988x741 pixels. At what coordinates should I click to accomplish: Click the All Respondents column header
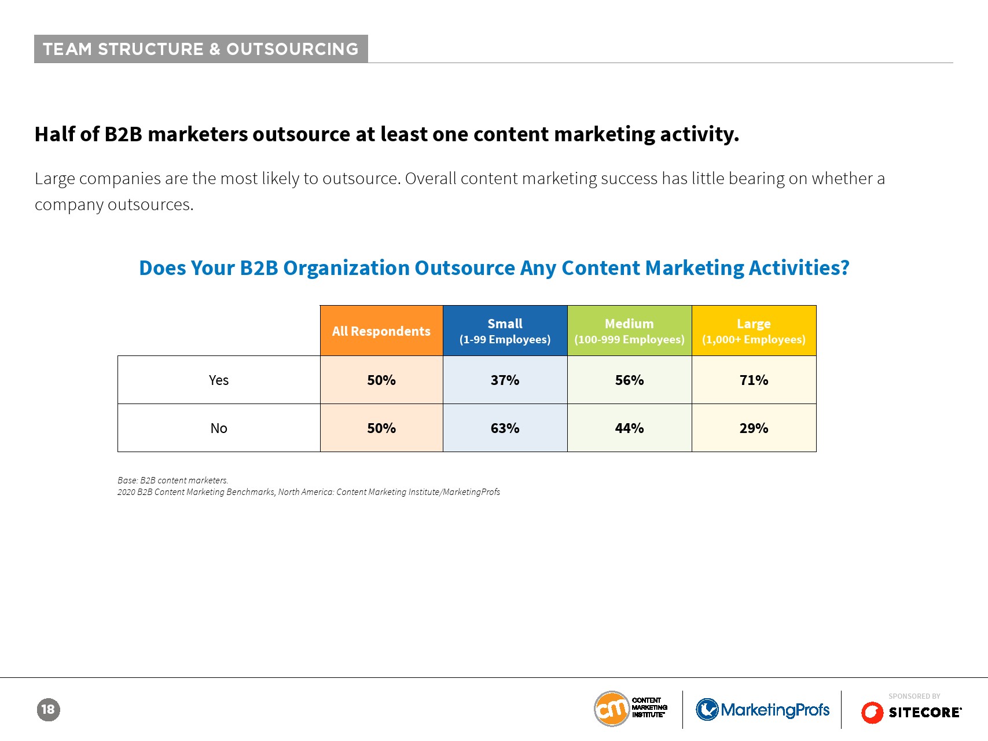pyautogui.click(x=381, y=331)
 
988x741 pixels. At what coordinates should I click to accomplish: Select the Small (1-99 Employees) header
pyautogui.click(x=505, y=331)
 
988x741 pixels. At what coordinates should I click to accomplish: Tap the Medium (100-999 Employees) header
pyautogui.click(x=630, y=331)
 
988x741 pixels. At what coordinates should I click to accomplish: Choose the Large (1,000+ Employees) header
pyautogui.click(x=754, y=331)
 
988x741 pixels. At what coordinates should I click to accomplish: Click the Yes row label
pyautogui.click(x=219, y=380)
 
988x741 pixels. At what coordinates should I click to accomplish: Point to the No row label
pyautogui.click(x=219, y=428)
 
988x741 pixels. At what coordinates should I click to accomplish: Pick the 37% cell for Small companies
pyautogui.click(x=505, y=380)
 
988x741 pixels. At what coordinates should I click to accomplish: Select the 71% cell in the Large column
pyautogui.click(x=754, y=380)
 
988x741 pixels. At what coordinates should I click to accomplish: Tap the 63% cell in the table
pyautogui.click(x=505, y=428)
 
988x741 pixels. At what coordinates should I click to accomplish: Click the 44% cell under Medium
pyautogui.click(x=630, y=428)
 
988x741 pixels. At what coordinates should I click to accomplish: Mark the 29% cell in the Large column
pyautogui.click(x=754, y=428)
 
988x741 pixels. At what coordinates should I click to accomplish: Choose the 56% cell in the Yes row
pyautogui.click(x=630, y=380)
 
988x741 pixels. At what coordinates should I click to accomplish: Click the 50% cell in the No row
pyautogui.click(x=381, y=428)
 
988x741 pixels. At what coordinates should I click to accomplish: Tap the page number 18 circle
pyautogui.click(x=49, y=710)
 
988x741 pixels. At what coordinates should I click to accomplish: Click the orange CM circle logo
pyautogui.click(x=612, y=709)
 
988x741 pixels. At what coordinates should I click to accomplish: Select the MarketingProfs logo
pyautogui.click(x=763, y=710)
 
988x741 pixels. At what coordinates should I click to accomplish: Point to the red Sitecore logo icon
pyautogui.click(x=872, y=713)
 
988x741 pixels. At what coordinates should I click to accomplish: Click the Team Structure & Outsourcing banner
pyautogui.click(x=201, y=49)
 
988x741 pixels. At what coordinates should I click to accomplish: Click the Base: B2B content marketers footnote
pyautogui.click(x=173, y=480)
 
